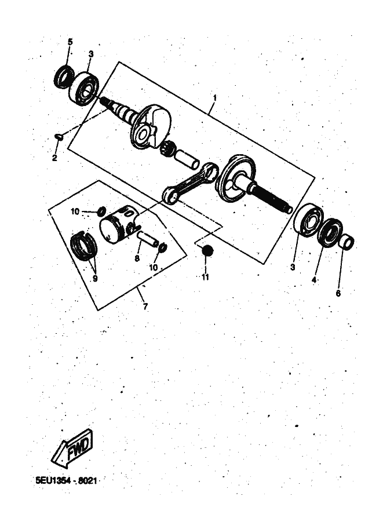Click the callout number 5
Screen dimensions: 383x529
[x=70, y=42]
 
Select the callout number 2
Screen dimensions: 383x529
[x=54, y=158]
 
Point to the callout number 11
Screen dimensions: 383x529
[x=205, y=277]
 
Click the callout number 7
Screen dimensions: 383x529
[x=145, y=307]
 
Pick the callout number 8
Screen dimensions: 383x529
[x=137, y=258]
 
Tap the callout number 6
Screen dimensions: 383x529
[x=338, y=293]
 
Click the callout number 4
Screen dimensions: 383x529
[x=314, y=280]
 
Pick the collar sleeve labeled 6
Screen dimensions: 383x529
[x=346, y=242]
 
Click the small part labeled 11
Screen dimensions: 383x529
[x=206, y=251]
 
